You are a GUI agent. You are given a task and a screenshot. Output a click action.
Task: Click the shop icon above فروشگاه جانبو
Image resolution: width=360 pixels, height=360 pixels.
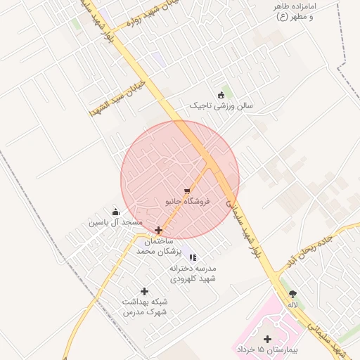pos(186,191)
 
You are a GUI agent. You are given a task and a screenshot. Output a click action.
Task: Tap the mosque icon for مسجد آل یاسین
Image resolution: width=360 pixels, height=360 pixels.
pos(116,212)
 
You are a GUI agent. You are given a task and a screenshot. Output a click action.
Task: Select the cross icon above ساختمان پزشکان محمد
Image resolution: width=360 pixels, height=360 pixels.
pos(159,230)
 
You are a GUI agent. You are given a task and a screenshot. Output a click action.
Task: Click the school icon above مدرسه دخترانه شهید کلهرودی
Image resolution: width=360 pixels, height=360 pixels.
pos(193,257)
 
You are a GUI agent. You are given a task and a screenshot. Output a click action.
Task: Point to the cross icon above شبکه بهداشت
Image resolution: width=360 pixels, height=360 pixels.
pos(145,291)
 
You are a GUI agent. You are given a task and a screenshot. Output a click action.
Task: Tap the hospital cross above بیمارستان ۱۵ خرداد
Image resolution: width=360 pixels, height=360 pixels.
pos(267,339)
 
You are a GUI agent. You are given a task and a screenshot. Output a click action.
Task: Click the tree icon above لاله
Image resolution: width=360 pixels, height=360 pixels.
pos(292,294)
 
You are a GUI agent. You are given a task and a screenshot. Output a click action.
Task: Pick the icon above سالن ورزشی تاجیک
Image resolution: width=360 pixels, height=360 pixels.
pos(221,95)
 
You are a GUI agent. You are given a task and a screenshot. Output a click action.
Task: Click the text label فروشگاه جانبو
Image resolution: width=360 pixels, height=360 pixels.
pos(188,201)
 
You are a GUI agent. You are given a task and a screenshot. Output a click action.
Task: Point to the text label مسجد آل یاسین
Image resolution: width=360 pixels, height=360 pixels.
pos(115,223)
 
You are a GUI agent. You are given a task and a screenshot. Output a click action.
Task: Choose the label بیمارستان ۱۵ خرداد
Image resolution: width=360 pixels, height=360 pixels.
pos(268,349)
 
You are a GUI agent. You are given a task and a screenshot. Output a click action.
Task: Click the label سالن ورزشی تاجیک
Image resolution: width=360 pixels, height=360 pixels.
pos(221,105)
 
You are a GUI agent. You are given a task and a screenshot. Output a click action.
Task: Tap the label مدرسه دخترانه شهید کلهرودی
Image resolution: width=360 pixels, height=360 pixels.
pos(193,274)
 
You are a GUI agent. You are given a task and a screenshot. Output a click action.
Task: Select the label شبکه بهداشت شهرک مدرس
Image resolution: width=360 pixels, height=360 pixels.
pos(145,307)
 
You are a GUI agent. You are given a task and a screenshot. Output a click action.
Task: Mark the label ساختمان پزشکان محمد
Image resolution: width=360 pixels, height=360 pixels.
pos(159,246)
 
